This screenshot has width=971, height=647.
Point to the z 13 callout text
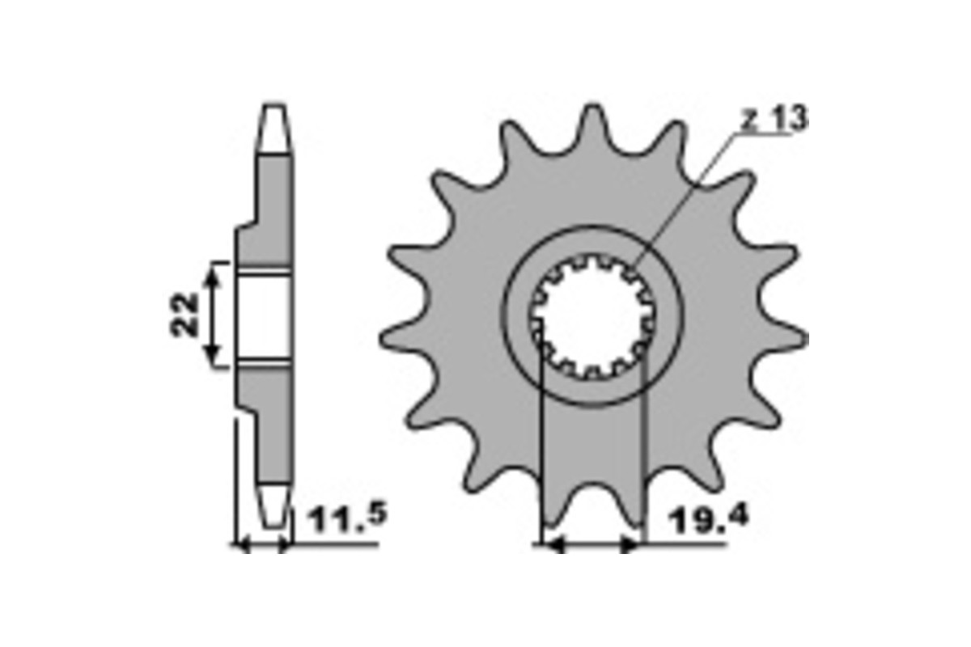tap(773, 120)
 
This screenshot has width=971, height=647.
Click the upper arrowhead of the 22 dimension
tap(213, 273)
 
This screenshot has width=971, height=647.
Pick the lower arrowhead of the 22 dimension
tap(213, 357)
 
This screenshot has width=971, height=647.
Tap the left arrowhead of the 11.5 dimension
tap(240, 547)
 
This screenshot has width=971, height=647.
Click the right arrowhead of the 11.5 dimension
tap(283, 547)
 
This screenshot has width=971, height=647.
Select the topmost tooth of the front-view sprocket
tap(592, 129)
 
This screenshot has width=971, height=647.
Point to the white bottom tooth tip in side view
tap(273, 502)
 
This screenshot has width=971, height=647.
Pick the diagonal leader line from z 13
tap(688, 194)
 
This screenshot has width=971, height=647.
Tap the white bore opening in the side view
tap(265, 315)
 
